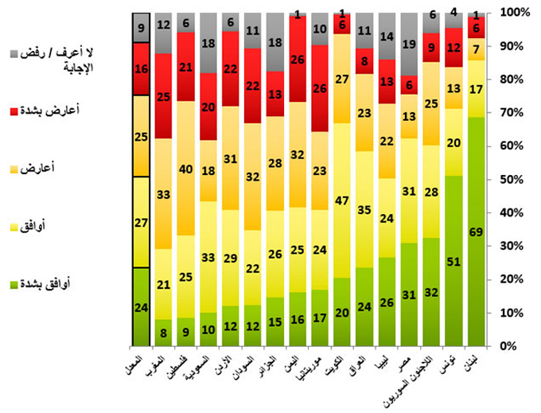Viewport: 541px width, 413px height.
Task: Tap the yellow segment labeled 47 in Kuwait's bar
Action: [341, 201]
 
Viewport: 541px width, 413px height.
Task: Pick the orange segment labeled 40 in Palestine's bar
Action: [186, 169]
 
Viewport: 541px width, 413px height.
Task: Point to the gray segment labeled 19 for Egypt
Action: [408, 45]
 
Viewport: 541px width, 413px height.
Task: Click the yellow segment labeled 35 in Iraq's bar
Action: [364, 209]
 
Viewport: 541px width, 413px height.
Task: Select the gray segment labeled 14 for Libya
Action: [386, 37]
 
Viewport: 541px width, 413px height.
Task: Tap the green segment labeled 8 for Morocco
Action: [164, 333]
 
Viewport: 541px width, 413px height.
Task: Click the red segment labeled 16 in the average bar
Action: [142, 69]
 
